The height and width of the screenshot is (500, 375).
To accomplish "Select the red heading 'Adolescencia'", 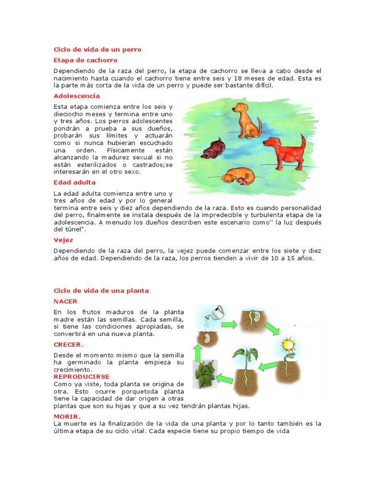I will point(77,96).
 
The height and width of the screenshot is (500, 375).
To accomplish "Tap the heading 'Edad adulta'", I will point(75,182).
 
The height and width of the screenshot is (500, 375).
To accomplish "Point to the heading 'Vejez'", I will point(63,240).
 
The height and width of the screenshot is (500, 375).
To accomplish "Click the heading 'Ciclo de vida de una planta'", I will point(101,291).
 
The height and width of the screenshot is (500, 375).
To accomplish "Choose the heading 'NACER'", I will point(65,301).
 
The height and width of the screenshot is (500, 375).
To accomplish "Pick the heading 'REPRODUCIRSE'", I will point(82,376).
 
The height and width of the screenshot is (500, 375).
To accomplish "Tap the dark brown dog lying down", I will point(213,148).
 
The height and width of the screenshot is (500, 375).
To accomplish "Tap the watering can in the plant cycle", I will point(214,312).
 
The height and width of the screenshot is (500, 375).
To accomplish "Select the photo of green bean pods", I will point(205,375).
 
